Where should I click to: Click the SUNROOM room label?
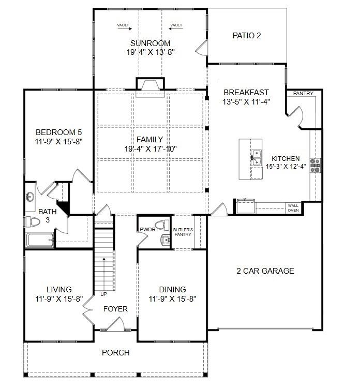(150, 43)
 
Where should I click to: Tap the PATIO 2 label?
(247, 36)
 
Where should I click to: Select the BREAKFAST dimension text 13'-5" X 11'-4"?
(247, 101)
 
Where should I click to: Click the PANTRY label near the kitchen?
(303, 94)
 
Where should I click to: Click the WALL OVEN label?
(293, 208)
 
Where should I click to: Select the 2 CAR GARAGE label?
(265, 271)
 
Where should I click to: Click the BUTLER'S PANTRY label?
(183, 231)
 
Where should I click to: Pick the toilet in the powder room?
(163, 225)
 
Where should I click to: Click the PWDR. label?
(145, 229)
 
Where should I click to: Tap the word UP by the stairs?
(103, 294)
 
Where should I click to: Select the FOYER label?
(115, 309)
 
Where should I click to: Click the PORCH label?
(115, 353)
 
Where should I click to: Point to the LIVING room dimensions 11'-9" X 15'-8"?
(59, 299)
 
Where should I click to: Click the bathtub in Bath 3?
(39, 241)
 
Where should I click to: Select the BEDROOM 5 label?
(58, 132)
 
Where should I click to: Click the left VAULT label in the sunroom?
(123, 25)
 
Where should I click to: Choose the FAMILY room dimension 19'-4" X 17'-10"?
(150, 148)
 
